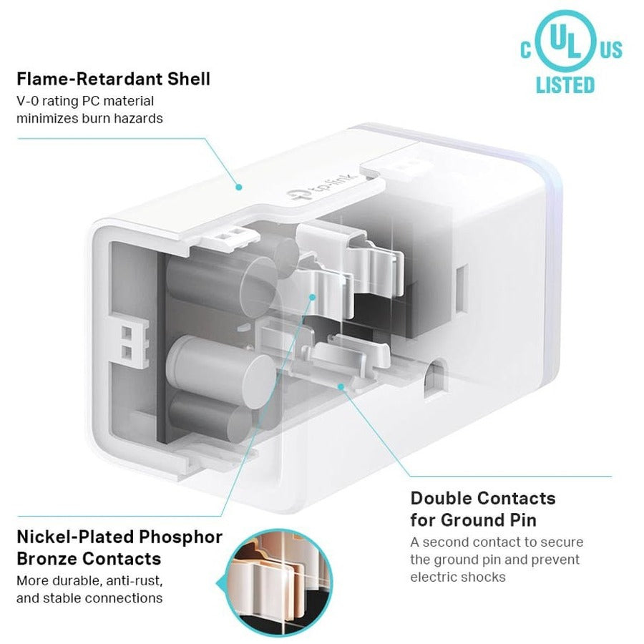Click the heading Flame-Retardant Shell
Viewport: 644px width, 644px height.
113,78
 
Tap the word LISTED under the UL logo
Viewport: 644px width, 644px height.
565,85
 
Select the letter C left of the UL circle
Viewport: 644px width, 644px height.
526,50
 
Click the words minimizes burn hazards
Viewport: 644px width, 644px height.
89,118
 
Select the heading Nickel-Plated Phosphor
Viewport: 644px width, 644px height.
119,537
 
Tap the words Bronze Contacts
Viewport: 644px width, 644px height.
89,558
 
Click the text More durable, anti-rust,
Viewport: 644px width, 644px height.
89,580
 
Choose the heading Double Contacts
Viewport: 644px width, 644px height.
482,497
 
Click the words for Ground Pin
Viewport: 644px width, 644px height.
473,519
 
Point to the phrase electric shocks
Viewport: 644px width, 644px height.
458,577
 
